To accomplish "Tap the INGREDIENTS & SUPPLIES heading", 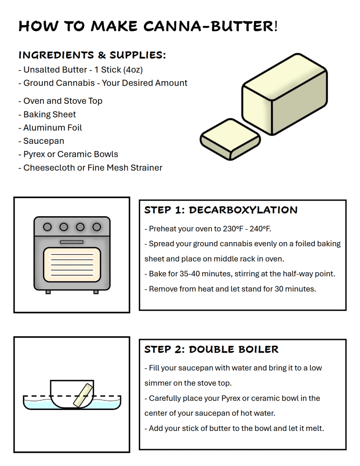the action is [92, 55].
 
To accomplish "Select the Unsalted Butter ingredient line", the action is [81, 70].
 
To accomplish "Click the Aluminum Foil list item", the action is [50, 127].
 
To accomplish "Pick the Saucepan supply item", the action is [41, 141].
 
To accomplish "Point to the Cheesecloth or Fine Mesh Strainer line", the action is [91, 167].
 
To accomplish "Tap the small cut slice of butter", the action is [230, 139].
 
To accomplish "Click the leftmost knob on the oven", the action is [47, 227].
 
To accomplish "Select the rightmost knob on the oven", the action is [96, 227].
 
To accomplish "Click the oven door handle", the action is [71, 242].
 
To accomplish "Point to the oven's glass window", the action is [72, 264].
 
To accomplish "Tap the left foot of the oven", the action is [48, 292].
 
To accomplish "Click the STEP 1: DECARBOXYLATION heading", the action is [221, 210].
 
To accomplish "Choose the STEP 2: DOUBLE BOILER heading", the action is [211, 349].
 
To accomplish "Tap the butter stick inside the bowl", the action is [83, 395].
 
